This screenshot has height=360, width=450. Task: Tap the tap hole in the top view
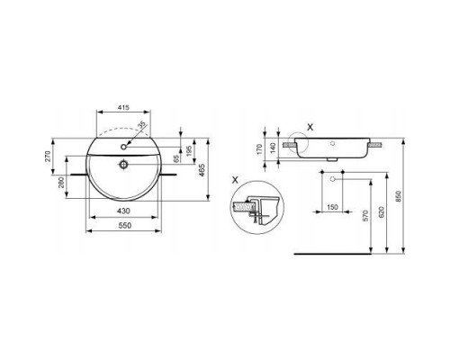123,141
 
